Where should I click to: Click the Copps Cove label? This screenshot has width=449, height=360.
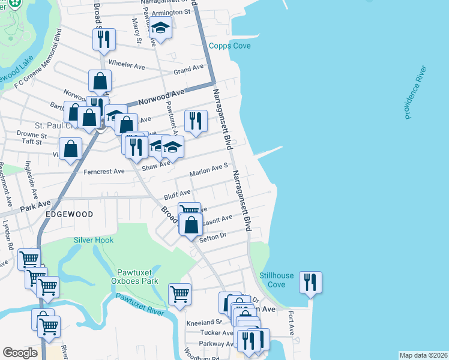[x=229, y=46]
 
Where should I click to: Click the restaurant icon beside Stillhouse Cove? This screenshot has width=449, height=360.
[x=310, y=282]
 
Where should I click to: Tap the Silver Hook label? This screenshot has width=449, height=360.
[x=94, y=240]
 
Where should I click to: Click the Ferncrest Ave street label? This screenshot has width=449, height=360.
[x=106, y=171]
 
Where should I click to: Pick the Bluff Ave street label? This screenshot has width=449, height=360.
[x=177, y=195]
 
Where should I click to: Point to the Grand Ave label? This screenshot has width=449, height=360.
[x=188, y=70]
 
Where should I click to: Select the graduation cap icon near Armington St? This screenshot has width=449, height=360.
[x=160, y=28]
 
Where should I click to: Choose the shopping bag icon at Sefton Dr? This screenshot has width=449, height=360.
[x=191, y=226]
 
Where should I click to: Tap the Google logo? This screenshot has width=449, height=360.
[x=20, y=353]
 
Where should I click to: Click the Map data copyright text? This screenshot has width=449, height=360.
[x=423, y=355]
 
